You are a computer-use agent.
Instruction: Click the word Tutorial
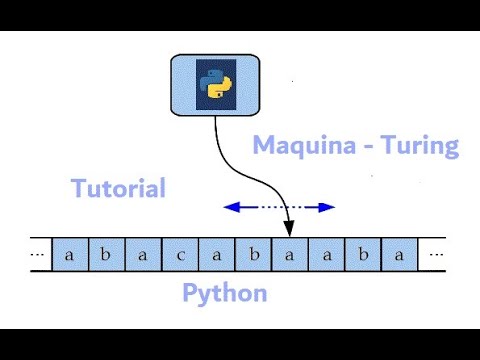click(x=118, y=188)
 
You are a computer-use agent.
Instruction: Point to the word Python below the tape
click(x=224, y=294)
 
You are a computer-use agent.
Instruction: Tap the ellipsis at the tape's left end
click(x=38, y=255)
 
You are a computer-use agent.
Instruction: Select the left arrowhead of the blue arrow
click(x=231, y=207)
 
